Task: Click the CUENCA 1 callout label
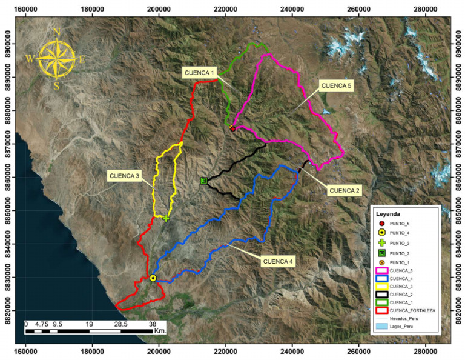click(200, 73)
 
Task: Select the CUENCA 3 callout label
click(124, 176)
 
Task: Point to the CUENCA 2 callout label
click(345, 190)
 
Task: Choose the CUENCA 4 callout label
click(279, 262)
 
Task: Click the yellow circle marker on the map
click(153, 278)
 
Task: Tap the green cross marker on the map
click(166, 218)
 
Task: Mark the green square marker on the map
click(203, 181)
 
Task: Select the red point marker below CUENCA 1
click(233, 128)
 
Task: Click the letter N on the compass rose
click(56, 32)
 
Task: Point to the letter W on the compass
click(29, 59)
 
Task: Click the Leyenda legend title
click(387, 213)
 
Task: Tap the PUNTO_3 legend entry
click(400, 242)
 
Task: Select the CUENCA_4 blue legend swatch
click(381, 278)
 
